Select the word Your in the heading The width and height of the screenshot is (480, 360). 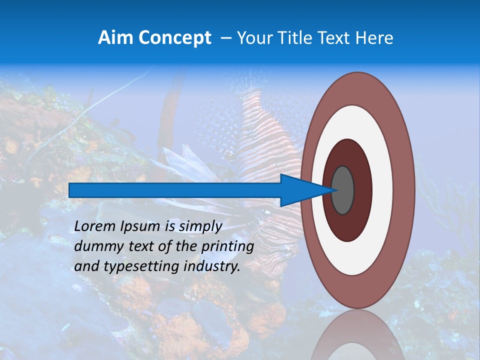pyautogui.click(x=252, y=38)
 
